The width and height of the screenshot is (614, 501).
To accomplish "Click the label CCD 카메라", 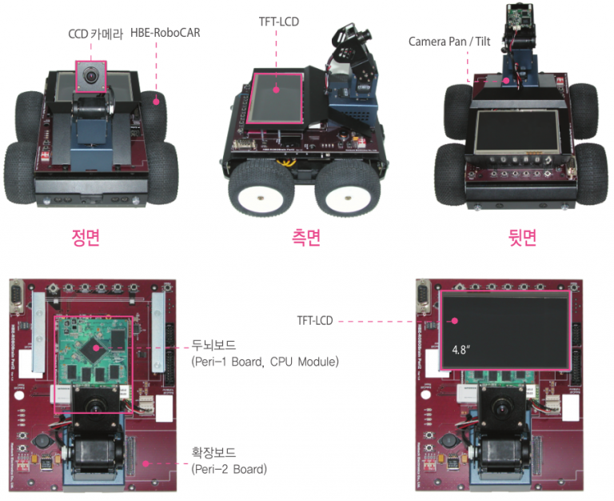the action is (96, 34).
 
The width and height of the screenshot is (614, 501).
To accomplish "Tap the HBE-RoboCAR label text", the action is (165, 33).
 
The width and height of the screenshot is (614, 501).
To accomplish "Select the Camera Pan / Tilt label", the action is (449, 42).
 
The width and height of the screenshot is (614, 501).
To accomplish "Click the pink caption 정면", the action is (86, 238).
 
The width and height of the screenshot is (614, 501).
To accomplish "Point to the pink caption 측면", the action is (306, 238).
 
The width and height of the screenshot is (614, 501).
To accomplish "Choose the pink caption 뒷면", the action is (522, 238).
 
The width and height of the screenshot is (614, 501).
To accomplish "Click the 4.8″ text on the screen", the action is (460, 349).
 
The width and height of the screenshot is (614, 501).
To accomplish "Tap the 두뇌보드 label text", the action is (213, 346).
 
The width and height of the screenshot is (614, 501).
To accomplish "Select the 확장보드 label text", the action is (213, 453).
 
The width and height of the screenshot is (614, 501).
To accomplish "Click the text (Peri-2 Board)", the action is (229, 469).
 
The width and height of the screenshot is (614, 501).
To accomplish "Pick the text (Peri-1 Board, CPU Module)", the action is (265, 362).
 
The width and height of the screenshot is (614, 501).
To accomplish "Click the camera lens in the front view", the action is (91, 76).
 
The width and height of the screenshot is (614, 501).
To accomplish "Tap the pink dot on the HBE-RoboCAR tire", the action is (156, 102).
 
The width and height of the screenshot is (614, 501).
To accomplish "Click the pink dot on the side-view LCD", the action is (277, 90).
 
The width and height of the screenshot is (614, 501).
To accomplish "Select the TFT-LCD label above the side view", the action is (279, 22).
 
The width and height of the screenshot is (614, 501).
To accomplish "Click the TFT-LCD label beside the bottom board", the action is (315, 321).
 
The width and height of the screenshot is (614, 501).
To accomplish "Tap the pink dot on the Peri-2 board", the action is (146, 463).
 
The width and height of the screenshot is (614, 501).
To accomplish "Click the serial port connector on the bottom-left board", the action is (17, 296).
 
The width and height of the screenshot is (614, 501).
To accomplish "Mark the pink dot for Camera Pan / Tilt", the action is (506, 81).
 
